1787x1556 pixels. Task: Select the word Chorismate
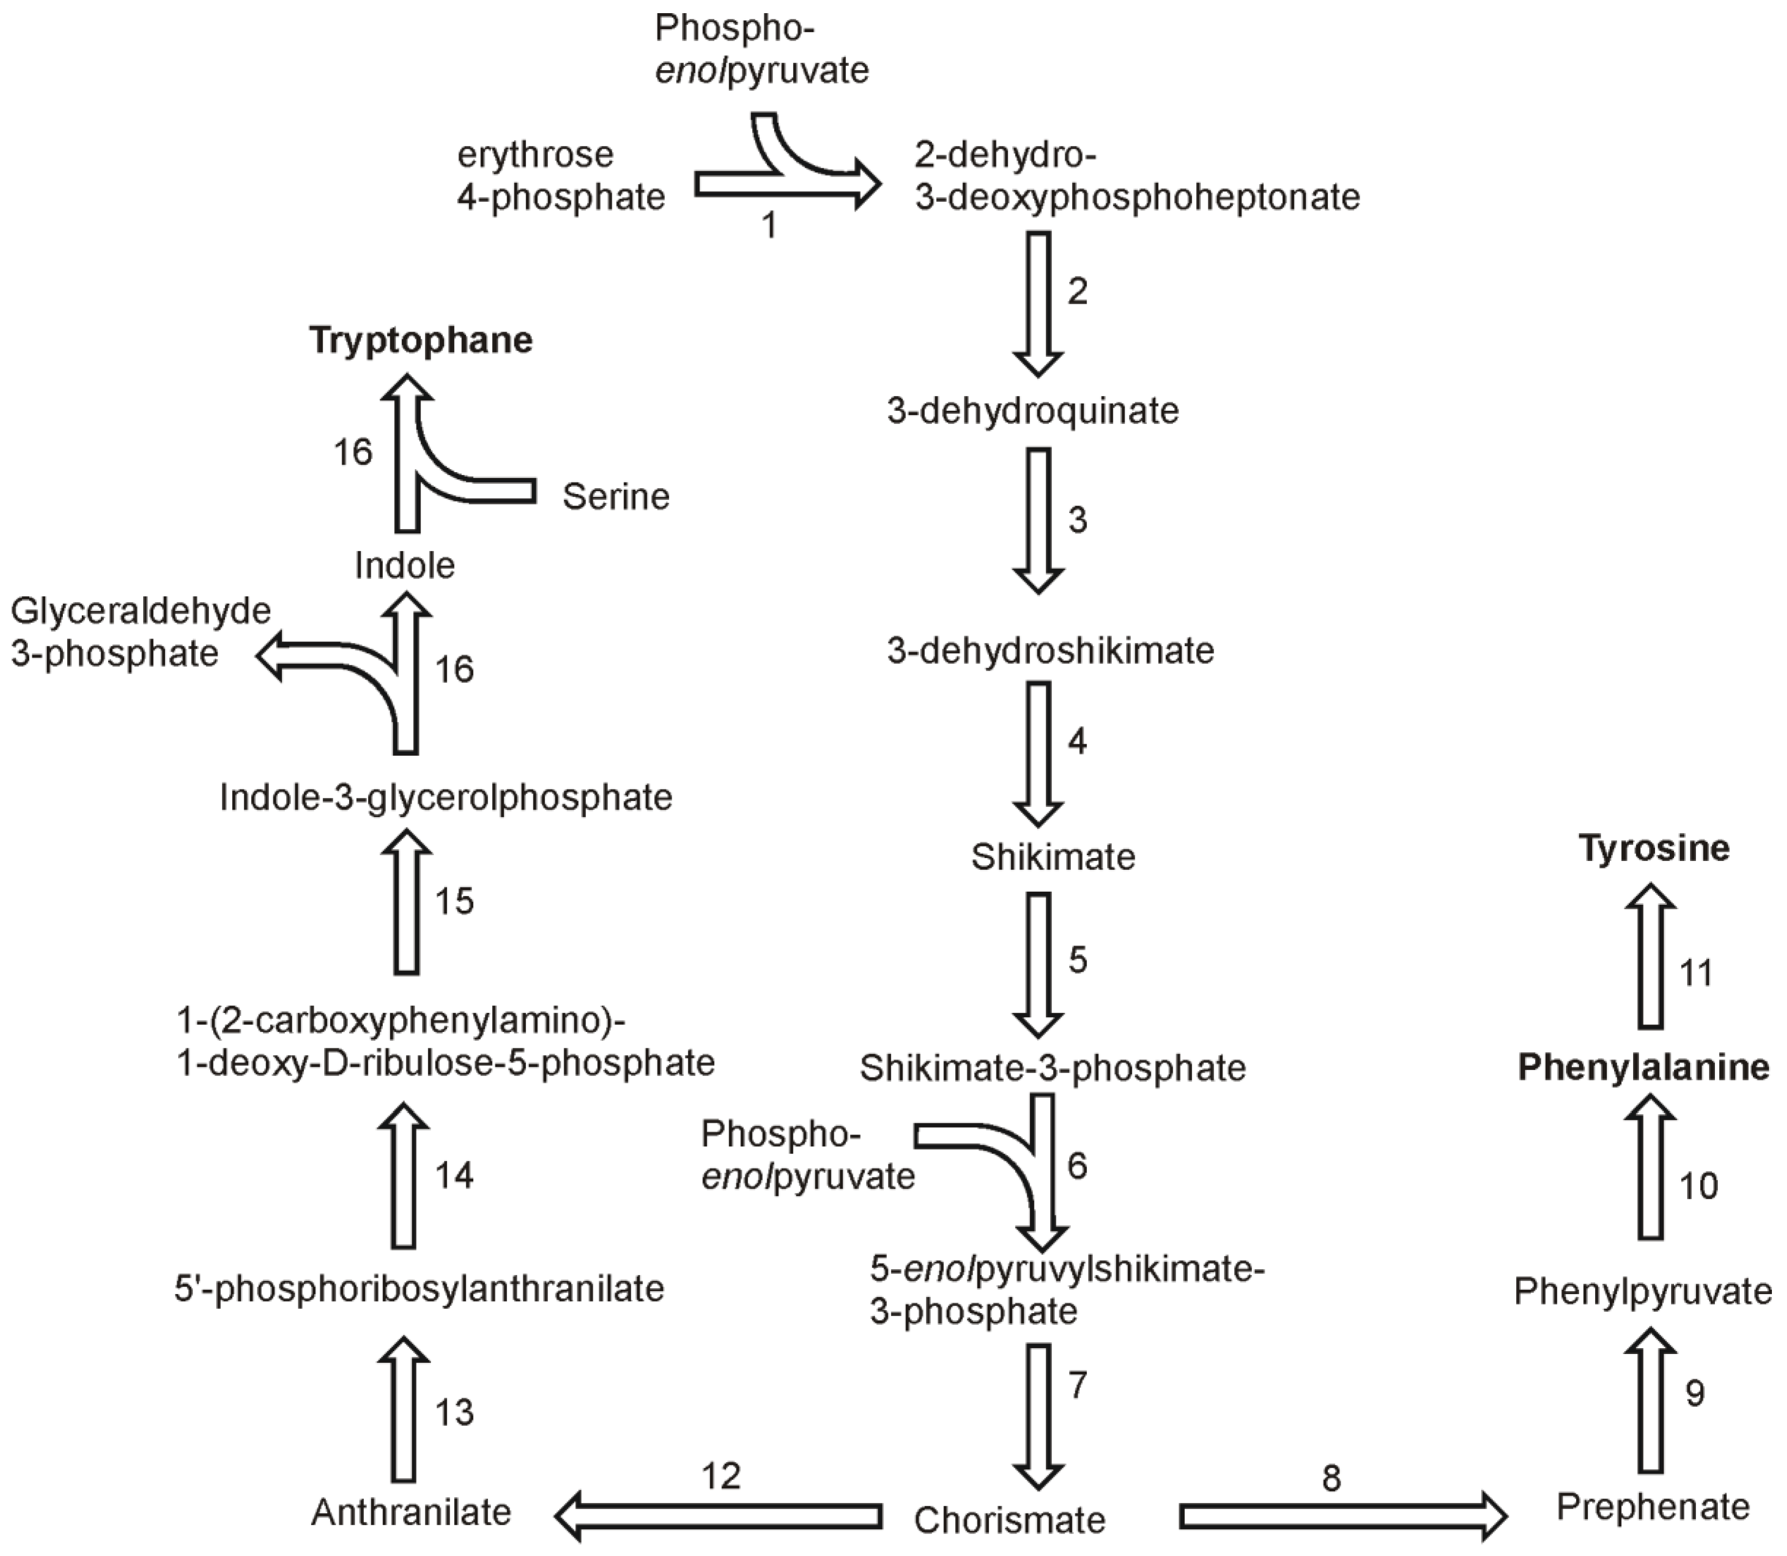pos(1009,1519)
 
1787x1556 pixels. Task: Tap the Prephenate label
pos(1653,1506)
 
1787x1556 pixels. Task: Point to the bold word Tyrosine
pos(1653,848)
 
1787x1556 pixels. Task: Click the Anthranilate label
pos(411,1512)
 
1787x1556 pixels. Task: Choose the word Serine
pos(616,496)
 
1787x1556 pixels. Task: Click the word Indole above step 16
pos(405,565)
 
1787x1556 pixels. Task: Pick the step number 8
pos(1331,1477)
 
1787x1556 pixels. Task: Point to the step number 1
pos(769,226)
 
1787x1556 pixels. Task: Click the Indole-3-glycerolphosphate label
pos(445,797)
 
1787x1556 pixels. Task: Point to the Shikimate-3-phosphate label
pos(1052,1068)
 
